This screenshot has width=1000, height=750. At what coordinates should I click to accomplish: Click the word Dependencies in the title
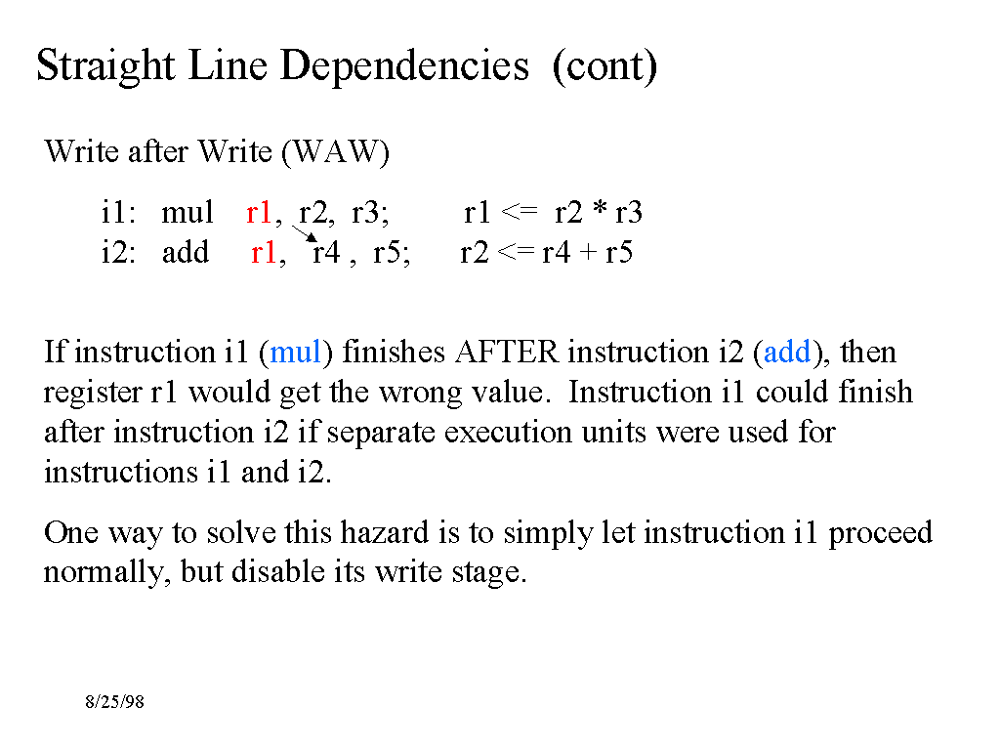[404, 66]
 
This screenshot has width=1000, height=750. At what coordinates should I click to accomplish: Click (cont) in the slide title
[604, 66]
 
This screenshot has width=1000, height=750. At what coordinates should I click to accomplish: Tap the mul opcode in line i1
[187, 212]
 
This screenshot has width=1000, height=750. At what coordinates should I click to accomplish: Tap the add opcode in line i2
[186, 252]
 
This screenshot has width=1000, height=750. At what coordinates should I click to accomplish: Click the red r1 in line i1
[259, 212]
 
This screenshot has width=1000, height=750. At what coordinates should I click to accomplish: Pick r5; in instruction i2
[392, 252]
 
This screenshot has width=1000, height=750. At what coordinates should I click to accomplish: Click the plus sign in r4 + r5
[588, 253]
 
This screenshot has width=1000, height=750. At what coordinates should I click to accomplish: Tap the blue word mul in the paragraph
[296, 352]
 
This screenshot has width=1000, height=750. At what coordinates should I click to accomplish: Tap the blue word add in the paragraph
[787, 352]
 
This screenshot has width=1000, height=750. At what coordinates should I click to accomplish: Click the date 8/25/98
[114, 702]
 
